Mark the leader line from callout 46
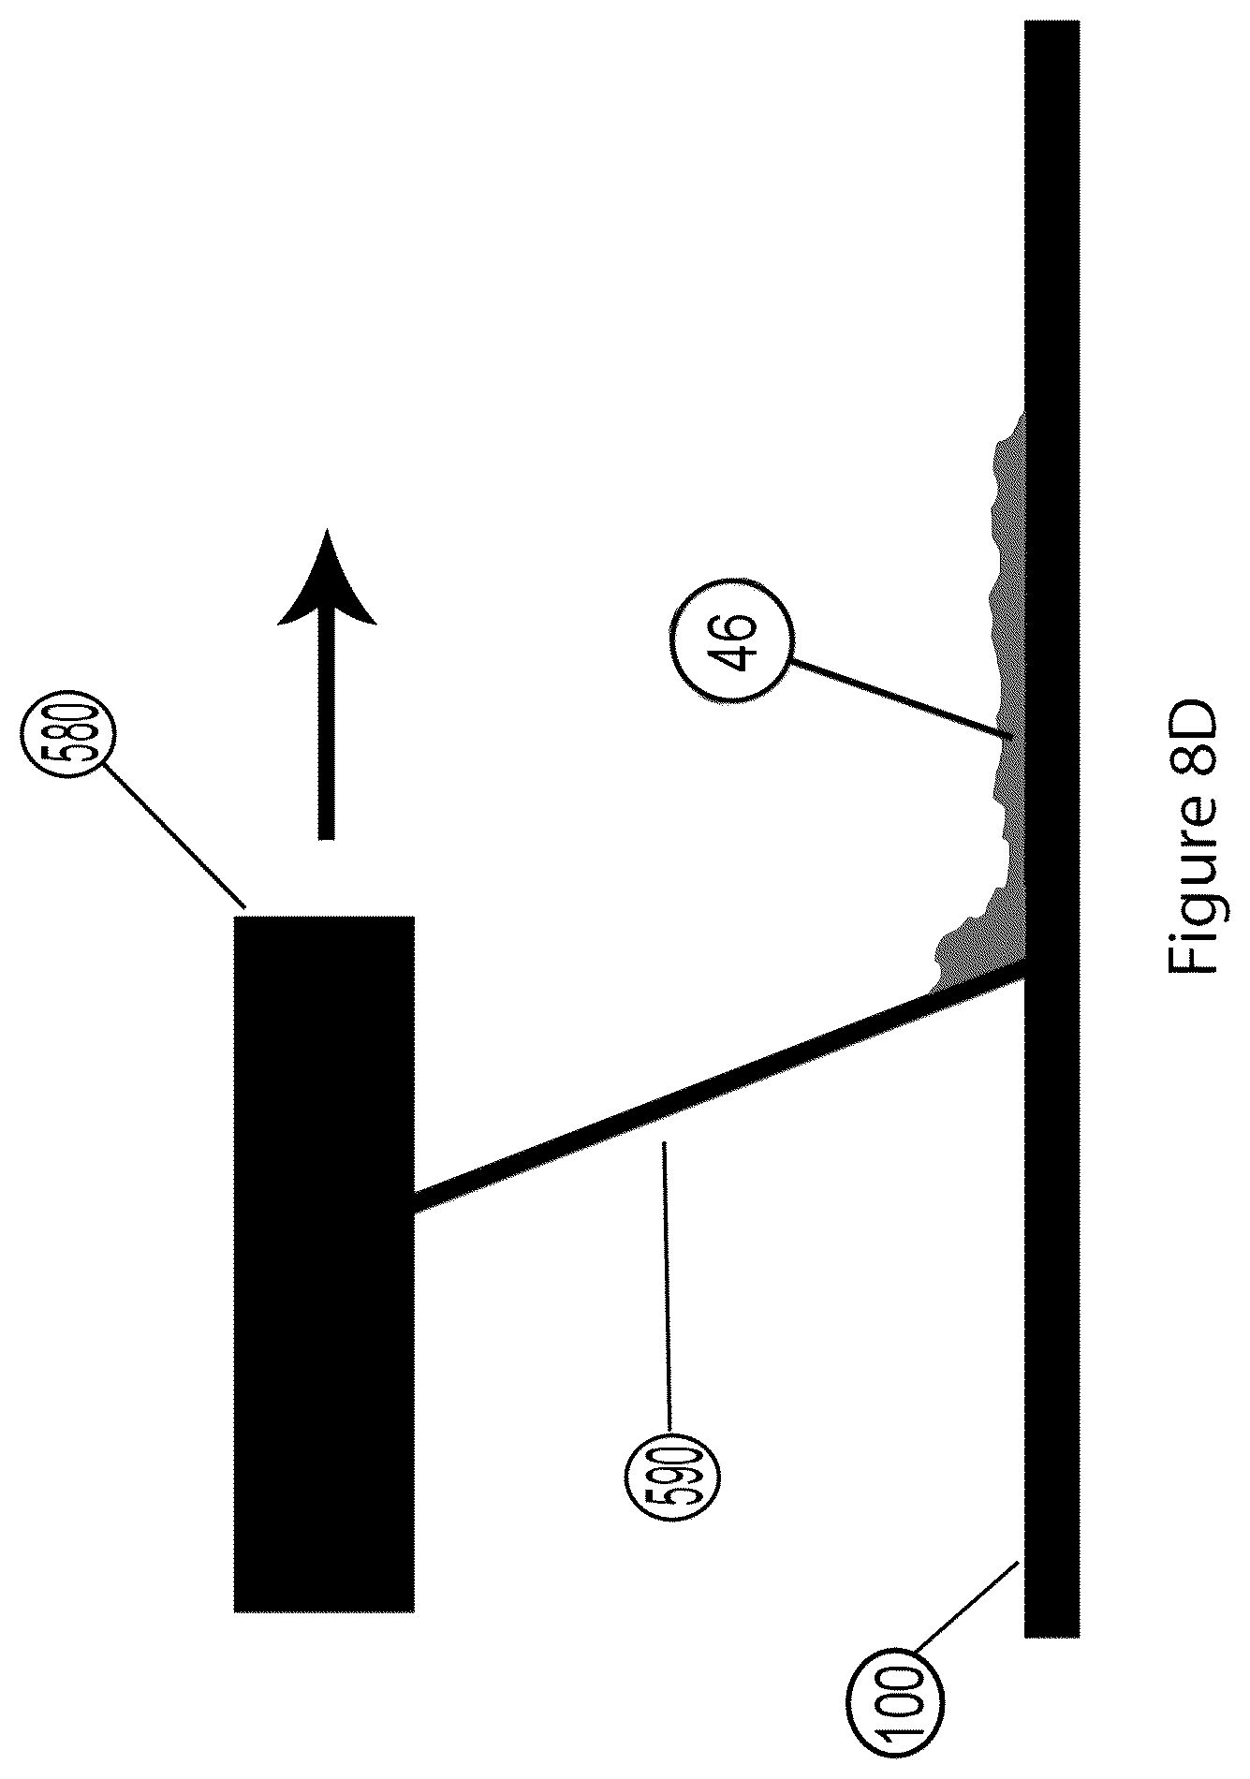tap(898, 698)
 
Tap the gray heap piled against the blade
tap(974, 946)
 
